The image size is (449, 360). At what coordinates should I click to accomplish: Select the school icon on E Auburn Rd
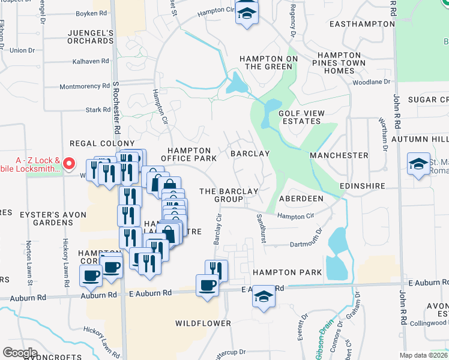coord(263,297)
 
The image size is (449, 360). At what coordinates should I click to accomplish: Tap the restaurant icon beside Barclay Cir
coord(216,270)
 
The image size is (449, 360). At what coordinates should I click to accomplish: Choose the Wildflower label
coord(203,323)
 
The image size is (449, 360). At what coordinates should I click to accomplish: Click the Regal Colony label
coord(102,143)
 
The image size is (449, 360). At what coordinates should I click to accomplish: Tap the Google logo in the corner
coord(20,353)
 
